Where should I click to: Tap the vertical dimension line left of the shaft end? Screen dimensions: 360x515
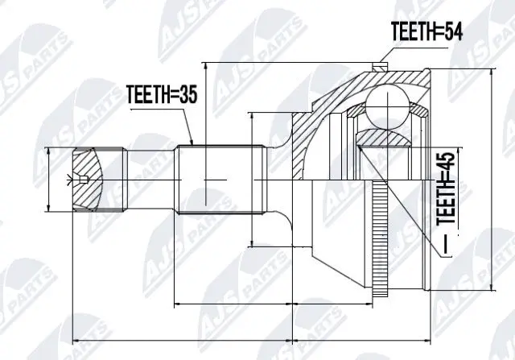pyautogui.click(x=50, y=178)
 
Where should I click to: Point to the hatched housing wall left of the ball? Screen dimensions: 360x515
pyautogui.click(x=310, y=129)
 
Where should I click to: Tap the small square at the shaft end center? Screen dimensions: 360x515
pyautogui.click(x=81, y=178)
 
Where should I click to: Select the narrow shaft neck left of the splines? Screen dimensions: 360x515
pyautogui.click(x=151, y=178)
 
